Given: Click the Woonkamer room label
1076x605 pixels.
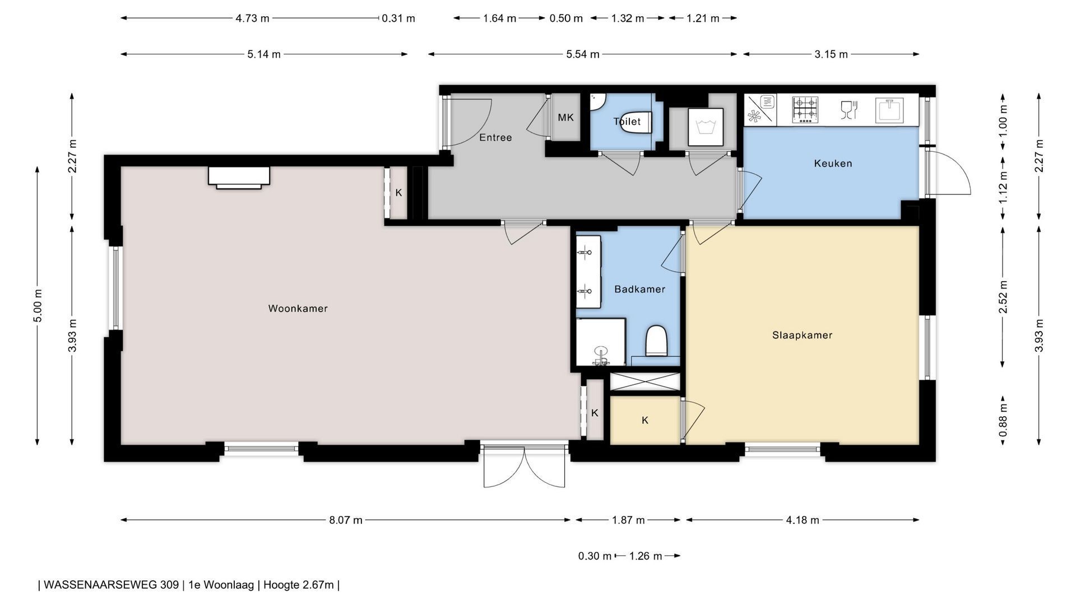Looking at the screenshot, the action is pyautogui.click(x=298, y=308).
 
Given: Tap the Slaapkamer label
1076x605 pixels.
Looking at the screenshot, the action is pyautogui.click(x=802, y=335).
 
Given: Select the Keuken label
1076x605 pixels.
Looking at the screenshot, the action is pyautogui.click(x=833, y=164).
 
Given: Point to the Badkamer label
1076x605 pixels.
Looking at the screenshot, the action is pyautogui.click(x=639, y=289).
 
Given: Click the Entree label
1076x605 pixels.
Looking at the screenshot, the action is pyautogui.click(x=495, y=137).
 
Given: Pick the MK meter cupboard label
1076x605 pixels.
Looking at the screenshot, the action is pyautogui.click(x=565, y=118).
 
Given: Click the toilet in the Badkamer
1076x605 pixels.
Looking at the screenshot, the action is pyautogui.click(x=656, y=341).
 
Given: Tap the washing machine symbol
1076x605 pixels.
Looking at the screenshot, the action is pyautogui.click(x=704, y=127).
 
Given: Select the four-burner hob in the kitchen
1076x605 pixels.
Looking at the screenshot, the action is pyautogui.click(x=805, y=110).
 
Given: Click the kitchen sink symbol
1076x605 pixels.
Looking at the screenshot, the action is pyautogui.click(x=889, y=110).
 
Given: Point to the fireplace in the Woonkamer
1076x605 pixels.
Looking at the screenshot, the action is pyautogui.click(x=239, y=178).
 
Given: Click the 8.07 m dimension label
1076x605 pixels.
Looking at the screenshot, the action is pyautogui.click(x=346, y=520).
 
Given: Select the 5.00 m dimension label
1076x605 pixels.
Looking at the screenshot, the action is pyautogui.click(x=38, y=306).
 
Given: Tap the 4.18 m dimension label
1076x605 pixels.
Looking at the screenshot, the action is pyautogui.click(x=803, y=520).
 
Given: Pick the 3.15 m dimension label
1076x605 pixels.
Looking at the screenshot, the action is pyautogui.click(x=831, y=54).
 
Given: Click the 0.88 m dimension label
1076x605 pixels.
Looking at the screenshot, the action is pyautogui.click(x=1003, y=421).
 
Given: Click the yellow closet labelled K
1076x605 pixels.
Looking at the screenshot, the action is pyautogui.click(x=645, y=420).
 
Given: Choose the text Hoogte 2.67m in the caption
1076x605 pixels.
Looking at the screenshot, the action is pyautogui.click(x=298, y=585).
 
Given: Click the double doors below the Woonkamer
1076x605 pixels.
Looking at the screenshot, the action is pyautogui.click(x=525, y=466).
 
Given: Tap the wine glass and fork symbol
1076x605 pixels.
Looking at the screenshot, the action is pyautogui.click(x=849, y=110).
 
